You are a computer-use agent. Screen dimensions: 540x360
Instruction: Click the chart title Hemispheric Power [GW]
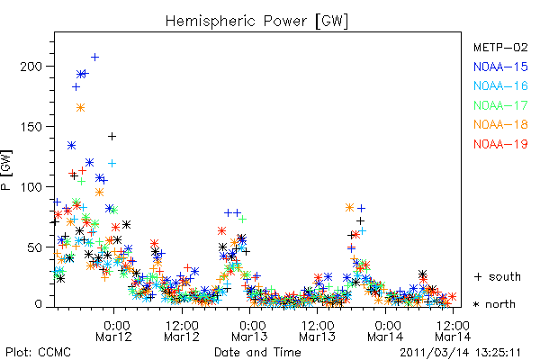[256, 22]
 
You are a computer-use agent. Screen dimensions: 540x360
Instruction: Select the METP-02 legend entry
[500, 47]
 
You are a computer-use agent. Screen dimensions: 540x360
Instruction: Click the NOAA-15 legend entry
[500, 67]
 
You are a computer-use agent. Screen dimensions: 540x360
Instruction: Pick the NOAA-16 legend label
[500, 85]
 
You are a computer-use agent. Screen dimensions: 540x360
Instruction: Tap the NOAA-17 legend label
[500, 105]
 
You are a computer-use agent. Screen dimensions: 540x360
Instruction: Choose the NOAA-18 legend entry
[500, 124]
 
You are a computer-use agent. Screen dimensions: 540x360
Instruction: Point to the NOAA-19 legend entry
[500, 144]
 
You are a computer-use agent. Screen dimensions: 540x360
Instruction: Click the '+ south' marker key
[498, 276]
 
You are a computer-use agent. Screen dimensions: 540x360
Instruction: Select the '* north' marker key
[494, 304]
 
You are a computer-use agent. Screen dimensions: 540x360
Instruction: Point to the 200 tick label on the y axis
[31, 66]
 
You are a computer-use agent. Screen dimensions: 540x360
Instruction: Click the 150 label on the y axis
[31, 126]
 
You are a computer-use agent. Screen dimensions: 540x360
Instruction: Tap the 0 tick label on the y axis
[38, 304]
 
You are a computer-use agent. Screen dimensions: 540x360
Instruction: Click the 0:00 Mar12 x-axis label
[114, 331]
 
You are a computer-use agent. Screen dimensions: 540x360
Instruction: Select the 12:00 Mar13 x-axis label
[317, 331]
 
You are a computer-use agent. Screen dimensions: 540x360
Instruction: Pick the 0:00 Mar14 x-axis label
[385, 331]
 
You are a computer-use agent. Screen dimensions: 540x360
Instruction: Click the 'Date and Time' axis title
[257, 353]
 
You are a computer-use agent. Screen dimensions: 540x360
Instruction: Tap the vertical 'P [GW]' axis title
[6, 170]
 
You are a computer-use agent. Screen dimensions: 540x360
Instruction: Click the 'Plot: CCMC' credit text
[38, 353]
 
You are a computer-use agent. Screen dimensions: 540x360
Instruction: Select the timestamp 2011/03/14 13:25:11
[461, 353]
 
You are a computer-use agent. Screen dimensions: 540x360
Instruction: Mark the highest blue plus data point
[94, 58]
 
